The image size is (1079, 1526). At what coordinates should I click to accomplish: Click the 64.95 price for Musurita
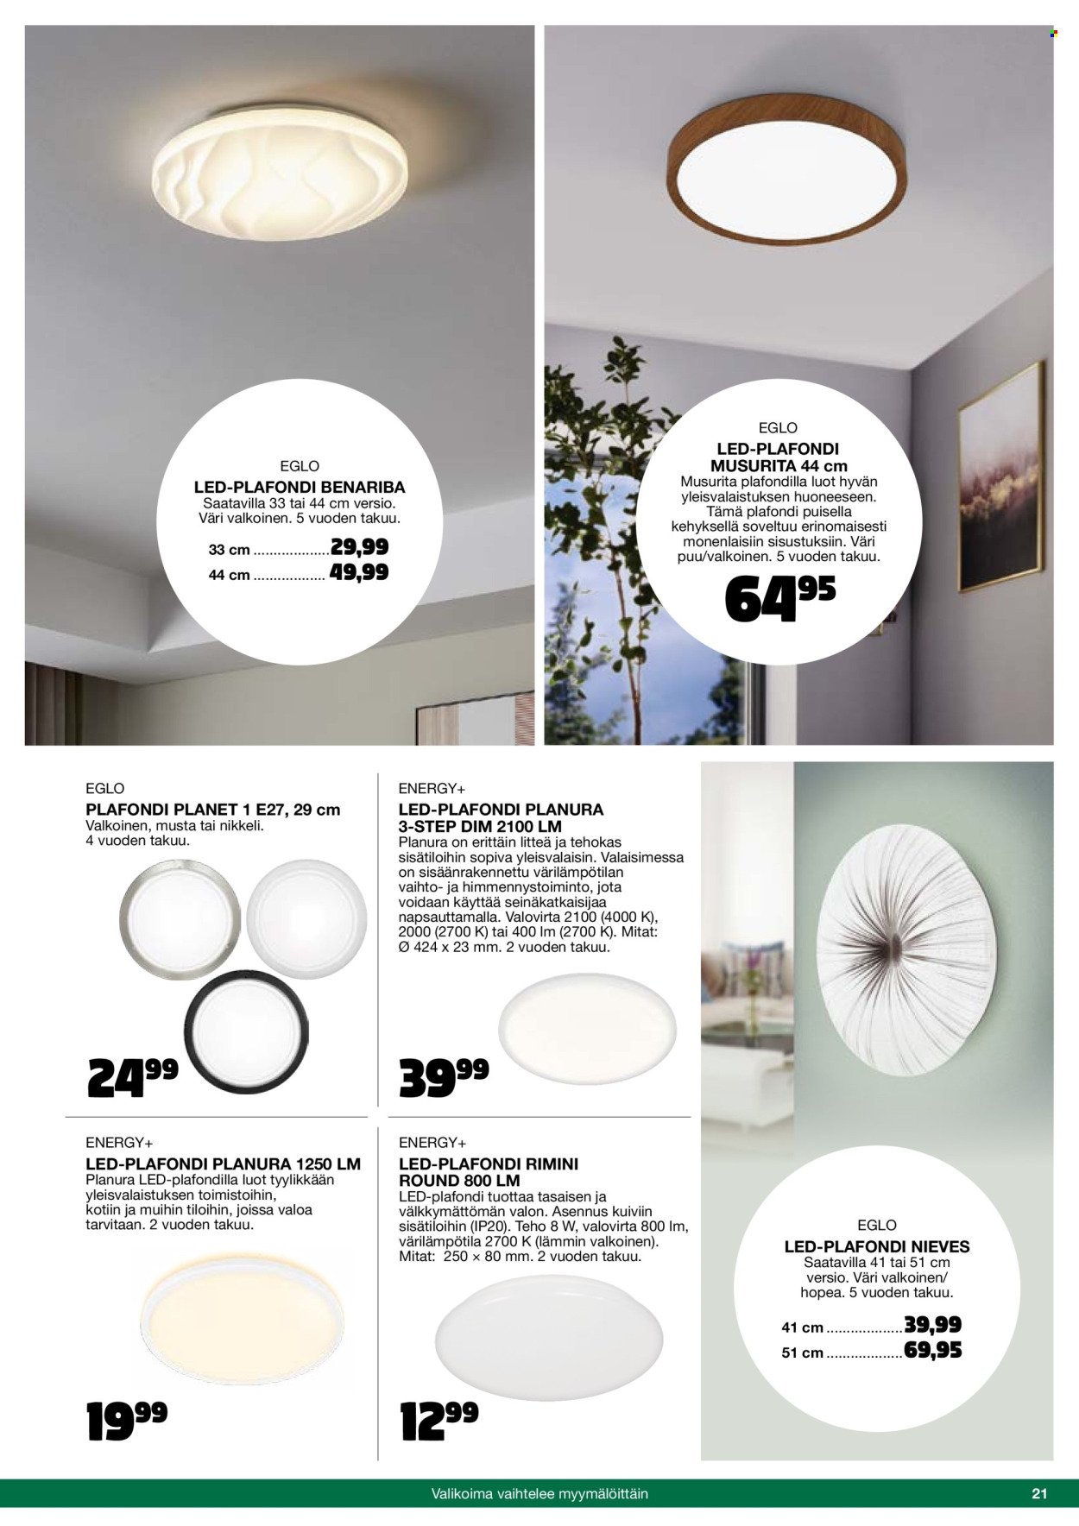tap(779, 598)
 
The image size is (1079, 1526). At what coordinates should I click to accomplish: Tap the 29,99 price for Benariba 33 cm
tap(359, 547)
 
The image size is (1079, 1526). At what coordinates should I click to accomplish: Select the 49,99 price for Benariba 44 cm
tap(359, 572)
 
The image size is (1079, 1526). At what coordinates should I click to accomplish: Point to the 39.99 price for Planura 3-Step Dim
tap(444, 1076)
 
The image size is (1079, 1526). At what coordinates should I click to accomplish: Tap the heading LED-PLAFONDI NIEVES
tap(877, 1246)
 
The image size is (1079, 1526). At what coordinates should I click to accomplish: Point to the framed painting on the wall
tap(1000, 476)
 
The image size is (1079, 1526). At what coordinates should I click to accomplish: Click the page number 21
tap(1039, 1493)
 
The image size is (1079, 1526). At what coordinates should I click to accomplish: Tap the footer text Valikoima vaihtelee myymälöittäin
tap(539, 1493)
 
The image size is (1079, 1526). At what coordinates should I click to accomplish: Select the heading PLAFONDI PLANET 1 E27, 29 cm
tap(213, 810)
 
